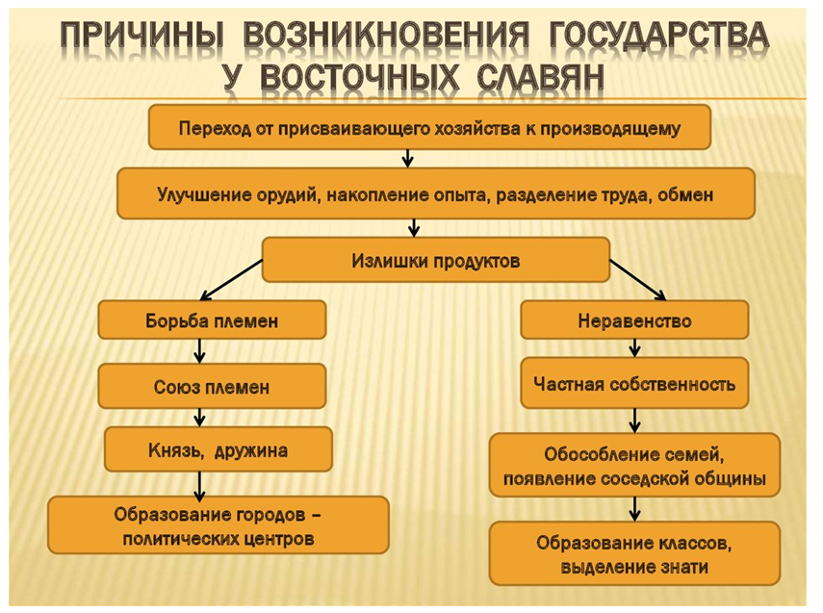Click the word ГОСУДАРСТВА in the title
pyautogui.click(x=658, y=37)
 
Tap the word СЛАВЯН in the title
pyautogui.click(x=541, y=78)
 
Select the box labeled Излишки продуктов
pyautogui.click(x=436, y=261)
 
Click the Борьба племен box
pyautogui.click(x=212, y=320)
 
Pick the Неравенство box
pyautogui.click(x=634, y=320)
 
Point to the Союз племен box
pyautogui.click(x=212, y=387)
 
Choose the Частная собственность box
pyautogui.click(x=634, y=384)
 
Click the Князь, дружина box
pyautogui.click(x=219, y=449)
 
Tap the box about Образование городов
pyautogui.click(x=219, y=525)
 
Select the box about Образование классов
pyautogui.click(x=634, y=553)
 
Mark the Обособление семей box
pyautogui.click(x=634, y=465)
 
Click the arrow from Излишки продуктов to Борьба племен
pyautogui.click(x=231, y=280)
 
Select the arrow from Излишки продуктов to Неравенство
pyautogui.click(x=638, y=280)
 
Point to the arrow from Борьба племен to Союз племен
pyautogui.click(x=199, y=351)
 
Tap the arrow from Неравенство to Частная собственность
pyautogui.click(x=634, y=348)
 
